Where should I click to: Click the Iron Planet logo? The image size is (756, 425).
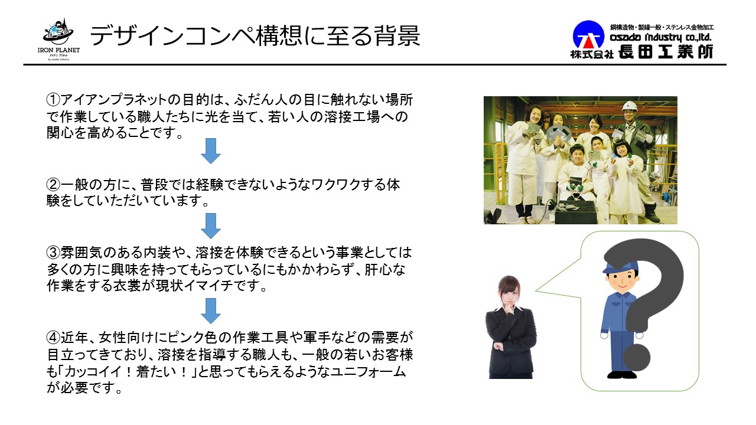[58, 40]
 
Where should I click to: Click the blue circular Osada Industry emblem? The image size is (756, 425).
[588, 35]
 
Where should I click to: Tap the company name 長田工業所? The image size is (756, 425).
[666, 52]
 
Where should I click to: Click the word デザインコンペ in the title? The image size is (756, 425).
[171, 35]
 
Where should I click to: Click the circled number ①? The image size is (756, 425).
[53, 100]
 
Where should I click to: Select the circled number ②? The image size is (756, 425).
[53, 185]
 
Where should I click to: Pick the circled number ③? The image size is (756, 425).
[53, 252]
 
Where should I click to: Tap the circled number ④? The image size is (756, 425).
[53, 337]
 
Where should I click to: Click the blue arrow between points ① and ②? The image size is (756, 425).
[211, 151]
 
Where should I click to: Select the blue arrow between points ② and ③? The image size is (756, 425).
[211, 226]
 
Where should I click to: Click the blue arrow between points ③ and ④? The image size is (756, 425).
[211, 311]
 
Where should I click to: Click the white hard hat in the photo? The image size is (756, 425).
[628, 107]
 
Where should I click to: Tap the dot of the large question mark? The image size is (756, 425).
[637, 358]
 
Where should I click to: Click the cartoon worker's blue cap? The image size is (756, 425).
[620, 266]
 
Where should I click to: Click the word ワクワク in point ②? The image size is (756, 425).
[335, 185]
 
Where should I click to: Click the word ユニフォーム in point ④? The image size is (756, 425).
[367, 371]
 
